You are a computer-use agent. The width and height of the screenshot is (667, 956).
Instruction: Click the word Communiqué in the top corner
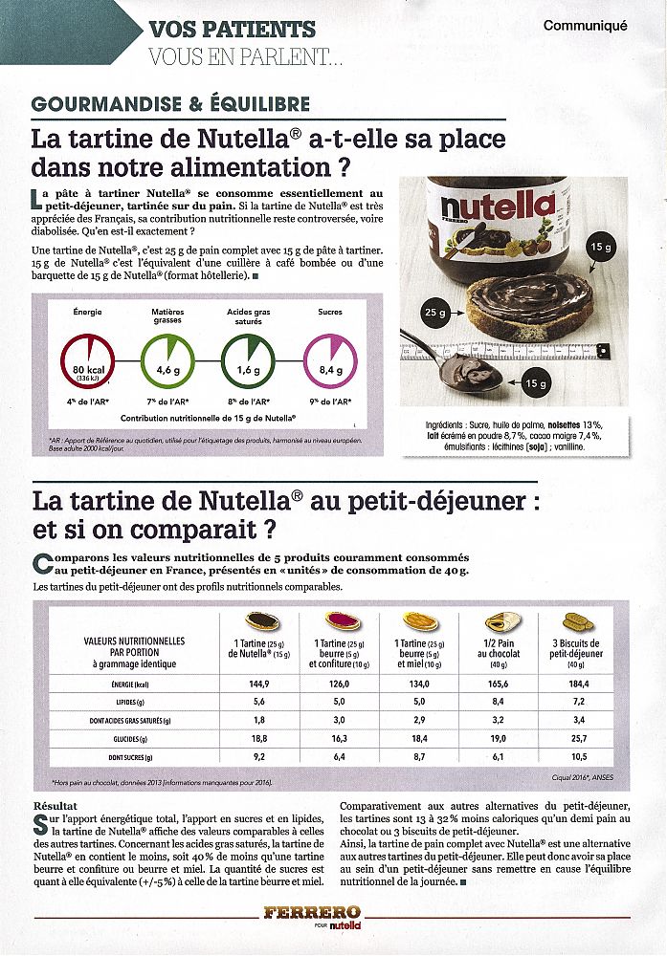coord(585,26)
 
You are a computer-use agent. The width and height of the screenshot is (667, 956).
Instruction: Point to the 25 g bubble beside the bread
coord(436,312)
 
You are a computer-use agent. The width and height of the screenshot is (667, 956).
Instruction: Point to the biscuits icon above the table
coord(577,621)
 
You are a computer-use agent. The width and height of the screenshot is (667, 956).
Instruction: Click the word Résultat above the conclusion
coord(55,805)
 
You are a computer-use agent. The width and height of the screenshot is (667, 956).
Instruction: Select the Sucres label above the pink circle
coord(329,312)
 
